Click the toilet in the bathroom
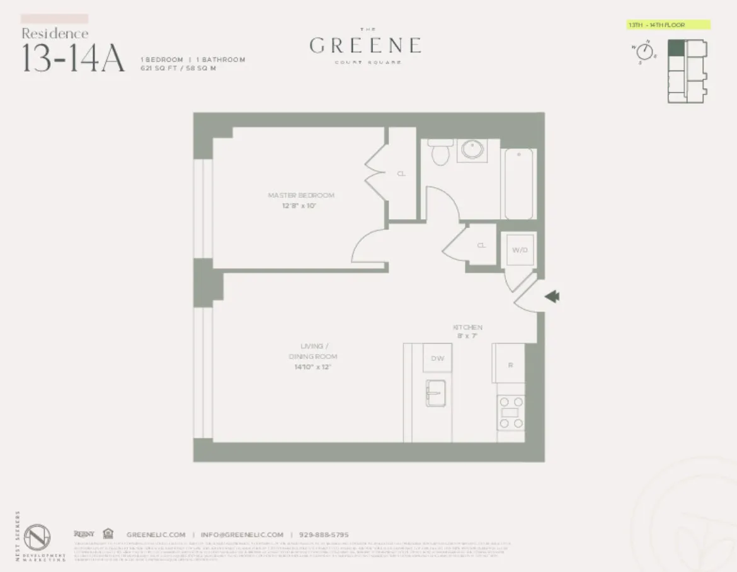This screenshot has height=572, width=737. pos(439,152)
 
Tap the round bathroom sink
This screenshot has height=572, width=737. pos(471,150)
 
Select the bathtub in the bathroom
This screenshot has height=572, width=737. pos(520,183)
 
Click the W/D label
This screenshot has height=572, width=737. pos(519,250)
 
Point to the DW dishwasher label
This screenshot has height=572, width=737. pos(437,358)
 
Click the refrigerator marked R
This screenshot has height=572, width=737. pos(510,365)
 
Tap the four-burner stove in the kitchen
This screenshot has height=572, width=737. pos(510,413)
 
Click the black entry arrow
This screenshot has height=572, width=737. pos(552,297)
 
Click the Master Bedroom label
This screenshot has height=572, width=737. pos(301,195)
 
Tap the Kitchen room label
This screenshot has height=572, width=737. pos(467,328)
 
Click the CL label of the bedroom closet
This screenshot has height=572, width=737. pos(401,174)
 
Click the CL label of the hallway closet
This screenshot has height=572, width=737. pos(482,246)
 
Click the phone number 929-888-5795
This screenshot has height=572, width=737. pos(324,534)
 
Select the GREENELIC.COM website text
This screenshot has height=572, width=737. pos(156,534)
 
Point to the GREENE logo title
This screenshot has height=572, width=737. pos(365,46)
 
